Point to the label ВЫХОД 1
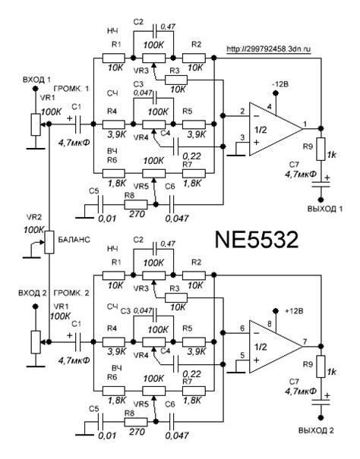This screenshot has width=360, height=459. coord(326,209)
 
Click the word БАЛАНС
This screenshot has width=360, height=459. coord(76,240)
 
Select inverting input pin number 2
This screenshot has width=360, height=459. coord(243,112)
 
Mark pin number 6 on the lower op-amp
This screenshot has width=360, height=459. coord(243,328)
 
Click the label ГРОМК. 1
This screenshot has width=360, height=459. coord(75,90)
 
